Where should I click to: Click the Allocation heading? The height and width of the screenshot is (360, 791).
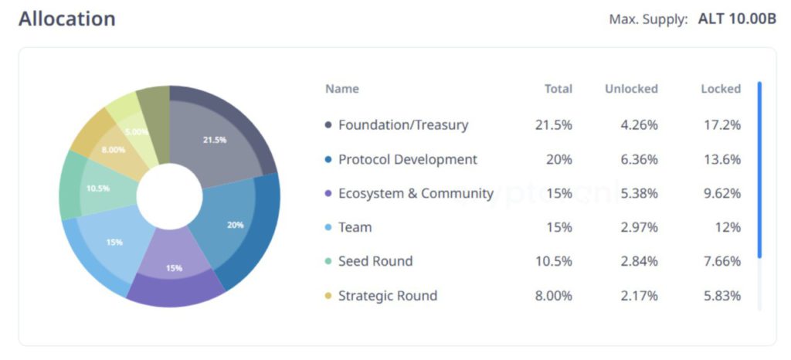coord(67,19)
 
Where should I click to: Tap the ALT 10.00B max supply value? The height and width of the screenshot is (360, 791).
coord(737,19)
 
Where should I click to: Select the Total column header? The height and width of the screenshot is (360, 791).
coord(558,89)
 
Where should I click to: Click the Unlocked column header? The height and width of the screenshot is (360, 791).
coord(631,89)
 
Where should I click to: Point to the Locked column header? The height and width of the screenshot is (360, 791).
coord(720,89)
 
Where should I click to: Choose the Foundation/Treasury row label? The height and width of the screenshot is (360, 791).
coord(402,124)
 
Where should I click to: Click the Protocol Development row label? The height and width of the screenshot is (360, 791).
coord(407,159)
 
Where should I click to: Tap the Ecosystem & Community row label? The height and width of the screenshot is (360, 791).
coord(416,193)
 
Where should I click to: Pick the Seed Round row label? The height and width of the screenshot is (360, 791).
coord(375,261)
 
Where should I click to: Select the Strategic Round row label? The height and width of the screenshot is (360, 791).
coord(387,295)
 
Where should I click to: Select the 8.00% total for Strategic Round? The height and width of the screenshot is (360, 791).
coord(553,295)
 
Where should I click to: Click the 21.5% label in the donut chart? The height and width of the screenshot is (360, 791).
coord(215,140)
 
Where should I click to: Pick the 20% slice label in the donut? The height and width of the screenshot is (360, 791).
coord(236,225)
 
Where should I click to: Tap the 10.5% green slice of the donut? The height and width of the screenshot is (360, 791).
coord(98,188)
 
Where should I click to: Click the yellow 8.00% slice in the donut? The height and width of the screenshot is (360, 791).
coord(114,149)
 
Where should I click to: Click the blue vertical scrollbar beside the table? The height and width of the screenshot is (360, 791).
coord(759,170)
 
